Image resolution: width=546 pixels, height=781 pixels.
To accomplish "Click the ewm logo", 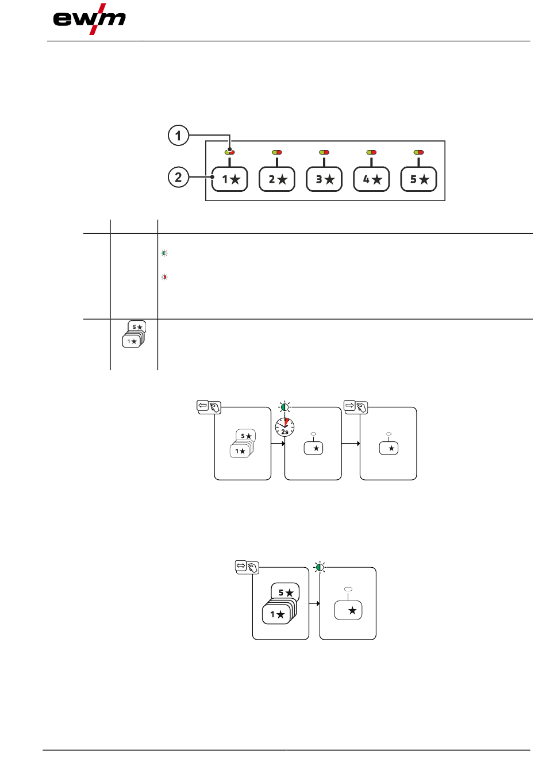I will pyautogui.click(x=89, y=19).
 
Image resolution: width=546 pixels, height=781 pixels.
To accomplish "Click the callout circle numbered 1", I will pyautogui.click(x=178, y=136).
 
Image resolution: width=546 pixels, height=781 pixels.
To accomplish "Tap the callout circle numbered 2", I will pyautogui.click(x=178, y=177).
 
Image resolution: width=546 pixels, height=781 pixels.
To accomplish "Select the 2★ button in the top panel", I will pyautogui.click(x=277, y=179).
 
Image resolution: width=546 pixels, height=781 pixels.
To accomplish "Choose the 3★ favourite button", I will pyautogui.click(x=324, y=179).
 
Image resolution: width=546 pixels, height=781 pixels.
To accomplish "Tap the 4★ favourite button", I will pyautogui.click(x=371, y=179).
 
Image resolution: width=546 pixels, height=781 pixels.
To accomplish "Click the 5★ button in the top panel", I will pyautogui.click(x=419, y=179).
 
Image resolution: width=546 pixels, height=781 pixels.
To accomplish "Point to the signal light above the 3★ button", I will pyautogui.click(x=324, y=152).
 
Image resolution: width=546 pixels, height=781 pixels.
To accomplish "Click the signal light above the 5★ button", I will pyautogui.click(x=419, y=152).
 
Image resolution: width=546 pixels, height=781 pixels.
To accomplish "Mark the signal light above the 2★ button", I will pyautogui.click(x=277, y=152).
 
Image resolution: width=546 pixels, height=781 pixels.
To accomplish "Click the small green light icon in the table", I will pyautogui.click(x=164, y=253).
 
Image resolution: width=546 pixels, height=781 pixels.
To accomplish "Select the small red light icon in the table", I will pyautogui.click(x=164, y=277).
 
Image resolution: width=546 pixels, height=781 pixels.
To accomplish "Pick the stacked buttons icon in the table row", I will pyautogui.click(x=134, y=334).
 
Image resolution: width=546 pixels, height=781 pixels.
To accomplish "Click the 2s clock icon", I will pyautogui.click(x=284, y=427).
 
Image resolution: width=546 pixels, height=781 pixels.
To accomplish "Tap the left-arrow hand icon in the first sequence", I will pyautogui.click(x=209, y=407).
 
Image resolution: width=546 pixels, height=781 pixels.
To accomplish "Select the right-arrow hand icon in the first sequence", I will pyautogui.click(x=355, y=407).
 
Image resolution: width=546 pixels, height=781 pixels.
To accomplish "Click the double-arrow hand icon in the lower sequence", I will pyautogui.click(x=247, y=567).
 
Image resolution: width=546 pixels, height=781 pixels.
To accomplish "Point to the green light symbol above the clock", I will pyautogui.click(x=284, y=407).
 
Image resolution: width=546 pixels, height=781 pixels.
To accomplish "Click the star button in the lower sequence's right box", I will pyautogui.click(x=348, y=610).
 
